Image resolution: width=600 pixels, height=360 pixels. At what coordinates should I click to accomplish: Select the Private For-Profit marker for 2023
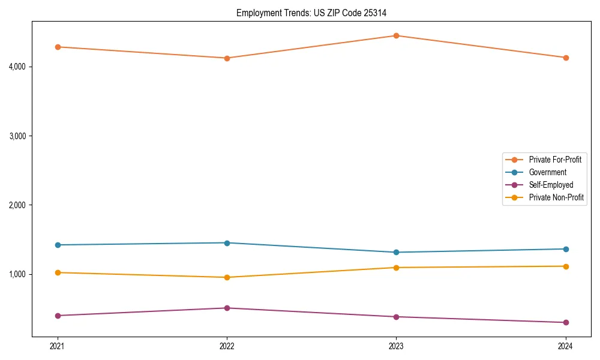tap(396, 35)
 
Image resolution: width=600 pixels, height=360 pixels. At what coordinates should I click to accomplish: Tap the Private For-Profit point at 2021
tap(58, 47)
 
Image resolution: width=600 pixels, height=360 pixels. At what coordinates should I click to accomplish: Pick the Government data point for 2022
tap(227, 243)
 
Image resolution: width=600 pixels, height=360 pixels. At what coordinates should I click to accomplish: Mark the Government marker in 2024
tap(565, 249)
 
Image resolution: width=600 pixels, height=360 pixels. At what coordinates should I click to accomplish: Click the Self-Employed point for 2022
tap(227, 308)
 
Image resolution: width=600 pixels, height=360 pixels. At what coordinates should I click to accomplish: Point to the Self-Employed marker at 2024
tap(565, 322)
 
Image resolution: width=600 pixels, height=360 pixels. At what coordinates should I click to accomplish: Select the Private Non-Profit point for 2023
tap(396, 268)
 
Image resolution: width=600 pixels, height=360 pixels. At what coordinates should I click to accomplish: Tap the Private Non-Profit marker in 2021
tap(58, 272)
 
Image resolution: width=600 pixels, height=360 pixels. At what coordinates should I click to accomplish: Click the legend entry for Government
tap(547, 172)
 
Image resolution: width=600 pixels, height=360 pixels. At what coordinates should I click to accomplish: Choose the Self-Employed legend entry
tap(551, 185)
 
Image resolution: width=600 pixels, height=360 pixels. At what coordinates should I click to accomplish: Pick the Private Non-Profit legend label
tap(556, 197)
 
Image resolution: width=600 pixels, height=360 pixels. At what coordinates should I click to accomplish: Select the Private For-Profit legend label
tap(555, 160)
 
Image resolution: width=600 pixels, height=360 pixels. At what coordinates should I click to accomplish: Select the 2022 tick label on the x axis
tap(227, 346)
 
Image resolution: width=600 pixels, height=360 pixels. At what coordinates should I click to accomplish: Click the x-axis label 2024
tap(565, 346)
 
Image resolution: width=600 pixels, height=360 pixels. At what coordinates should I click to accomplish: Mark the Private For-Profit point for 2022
tap(227, 58)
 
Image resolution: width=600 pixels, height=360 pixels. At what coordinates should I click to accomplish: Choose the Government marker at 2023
tap(396, 252)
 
